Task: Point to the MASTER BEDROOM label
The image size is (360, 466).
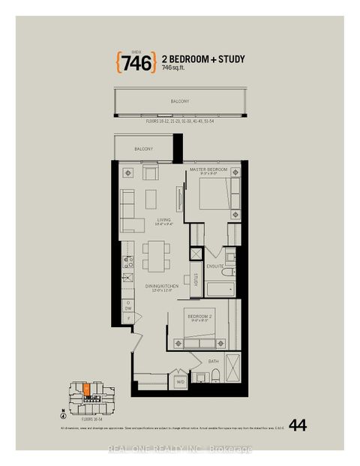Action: pos(208,170)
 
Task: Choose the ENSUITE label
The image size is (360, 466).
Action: pos(216,266)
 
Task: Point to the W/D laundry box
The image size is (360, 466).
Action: pos(181,382)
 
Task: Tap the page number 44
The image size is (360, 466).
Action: pos(297,425)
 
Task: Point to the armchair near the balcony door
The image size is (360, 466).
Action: pos(151,173)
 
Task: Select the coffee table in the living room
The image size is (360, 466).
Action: pos(151,199)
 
